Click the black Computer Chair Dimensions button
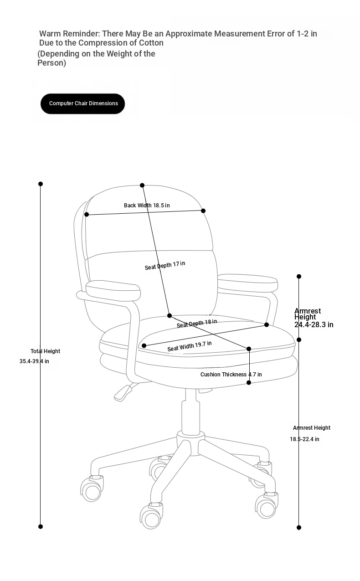(x=82, y=103)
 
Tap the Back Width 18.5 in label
(x=147, y=206)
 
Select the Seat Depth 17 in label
(x=165, y=265)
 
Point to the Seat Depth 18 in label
(x=197, y=323)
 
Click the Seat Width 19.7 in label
(x=189, y=346)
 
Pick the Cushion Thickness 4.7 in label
(x=231, y=374)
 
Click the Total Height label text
(x=46, y=351)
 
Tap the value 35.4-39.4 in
(x=34, y=361)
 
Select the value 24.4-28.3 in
(x=314, y=324)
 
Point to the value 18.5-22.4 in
(x=304, y=439)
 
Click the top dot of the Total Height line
(x=41, y=184)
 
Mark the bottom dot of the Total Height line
(x=41, y=526)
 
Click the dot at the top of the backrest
(x=142, y=185)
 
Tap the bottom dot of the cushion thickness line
(x=249, y=383)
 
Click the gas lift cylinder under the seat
(x=190, y=412)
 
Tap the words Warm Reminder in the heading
(x=70, y=34)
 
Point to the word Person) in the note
(x=51, y=63)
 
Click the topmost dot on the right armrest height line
(x=299, y=277)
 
